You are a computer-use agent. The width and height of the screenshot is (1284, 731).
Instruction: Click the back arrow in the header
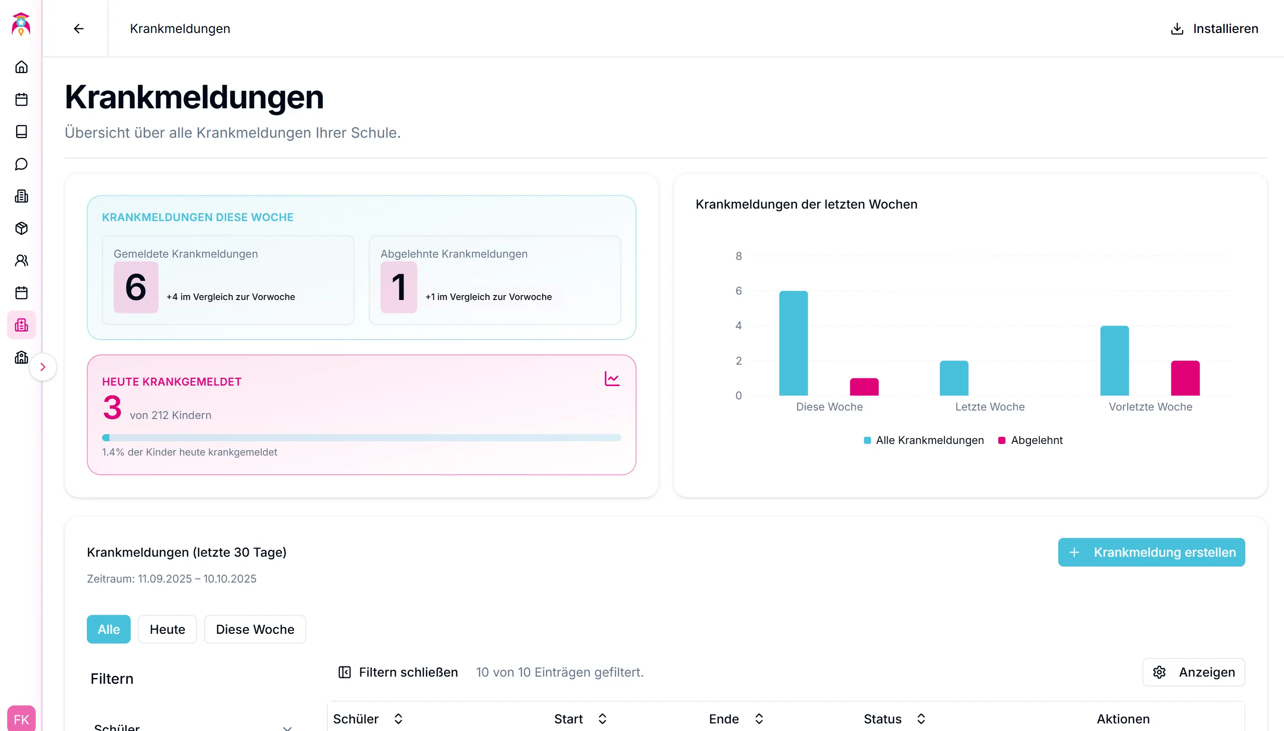pyautogui.click(x=78, y=29)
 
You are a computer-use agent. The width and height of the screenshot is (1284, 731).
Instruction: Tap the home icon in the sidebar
pyautogui.click(x=21, y=67)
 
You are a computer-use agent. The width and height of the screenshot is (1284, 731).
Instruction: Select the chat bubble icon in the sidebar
pyautogui.click(x=21, y=164)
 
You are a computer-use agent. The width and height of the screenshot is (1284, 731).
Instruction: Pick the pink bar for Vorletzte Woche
pyautogui.click(x=1185, y=378)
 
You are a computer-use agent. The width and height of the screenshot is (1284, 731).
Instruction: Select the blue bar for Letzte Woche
pyautogui.click(x=954, y=378)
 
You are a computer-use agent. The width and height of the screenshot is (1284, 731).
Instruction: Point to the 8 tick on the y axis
pyautogui.click(x=738, y=256)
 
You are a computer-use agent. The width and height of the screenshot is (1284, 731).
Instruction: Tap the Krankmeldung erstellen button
pyautogui.click(x=1151, y=552)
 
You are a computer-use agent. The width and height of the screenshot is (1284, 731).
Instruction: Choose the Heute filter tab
pyautogui.click(x=167, y=629)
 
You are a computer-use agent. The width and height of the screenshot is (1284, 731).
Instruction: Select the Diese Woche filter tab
pyautogui.click(x=255, y=629)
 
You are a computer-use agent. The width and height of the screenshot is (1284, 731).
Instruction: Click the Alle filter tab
pyautogui.click(x=108, y=629)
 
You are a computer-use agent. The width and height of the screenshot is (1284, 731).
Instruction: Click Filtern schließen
pyautogui.click(x=398, y=672)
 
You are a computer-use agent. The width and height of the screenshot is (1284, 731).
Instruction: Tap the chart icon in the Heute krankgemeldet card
pyautogui.click(x=612, y=378)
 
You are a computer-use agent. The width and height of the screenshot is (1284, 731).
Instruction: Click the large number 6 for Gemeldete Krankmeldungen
pyautogui.click(x=136, y=287)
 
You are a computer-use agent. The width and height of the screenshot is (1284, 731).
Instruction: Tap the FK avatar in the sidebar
pyautogui.click(x=21, y=719)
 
